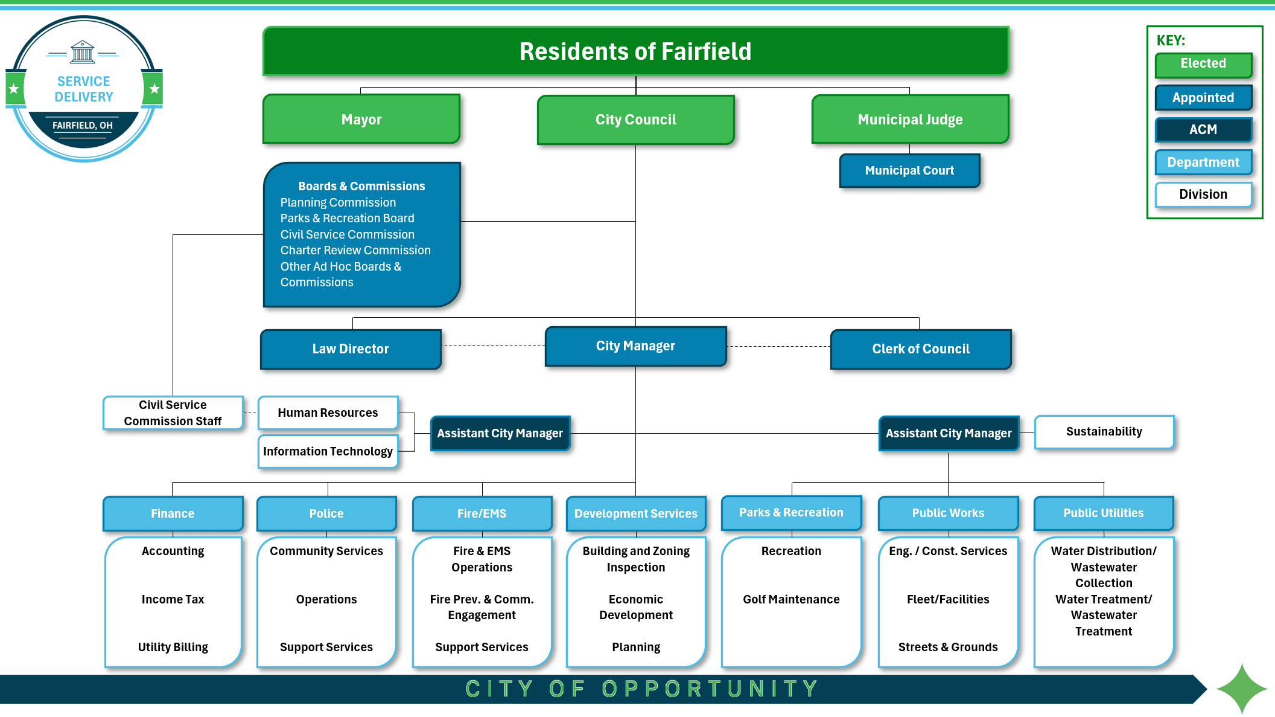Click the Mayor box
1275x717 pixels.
361,119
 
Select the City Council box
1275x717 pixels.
635,120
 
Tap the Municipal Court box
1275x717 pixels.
909,170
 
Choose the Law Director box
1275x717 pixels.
351,349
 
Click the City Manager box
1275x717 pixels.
635,346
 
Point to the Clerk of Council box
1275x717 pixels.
921,349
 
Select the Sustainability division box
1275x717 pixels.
1104,431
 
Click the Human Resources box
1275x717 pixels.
328,413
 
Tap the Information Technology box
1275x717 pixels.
328,451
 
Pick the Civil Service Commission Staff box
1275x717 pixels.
173,413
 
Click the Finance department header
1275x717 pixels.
173,513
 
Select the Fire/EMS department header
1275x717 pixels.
482,513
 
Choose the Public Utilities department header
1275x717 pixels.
1103,513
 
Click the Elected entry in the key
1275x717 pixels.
1203,64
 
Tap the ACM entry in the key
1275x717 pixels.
1203,129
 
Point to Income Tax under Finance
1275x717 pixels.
173,599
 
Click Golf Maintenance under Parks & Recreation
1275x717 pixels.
791,599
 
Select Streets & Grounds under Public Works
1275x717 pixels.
947,647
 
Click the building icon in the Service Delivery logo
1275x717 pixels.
83,52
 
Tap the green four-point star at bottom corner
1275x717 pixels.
1242,689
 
